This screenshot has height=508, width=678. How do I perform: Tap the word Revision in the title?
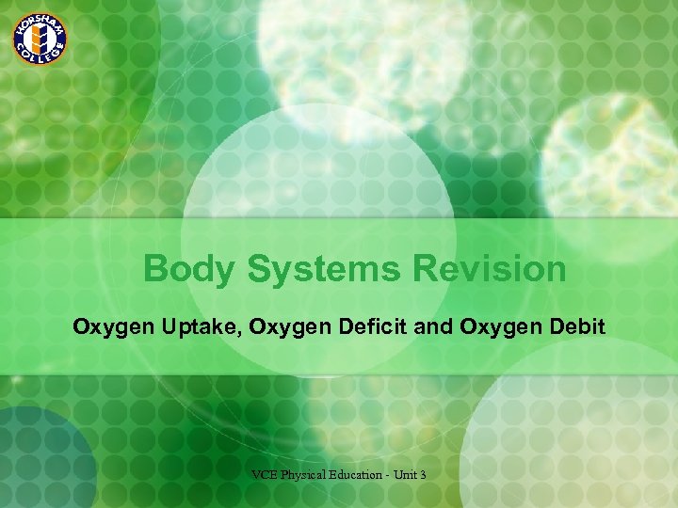point(490,270)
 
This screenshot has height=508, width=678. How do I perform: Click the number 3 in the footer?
point(424,475)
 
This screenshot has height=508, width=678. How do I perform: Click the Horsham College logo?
point(40,40)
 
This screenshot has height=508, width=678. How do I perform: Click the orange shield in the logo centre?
point(40,39)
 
